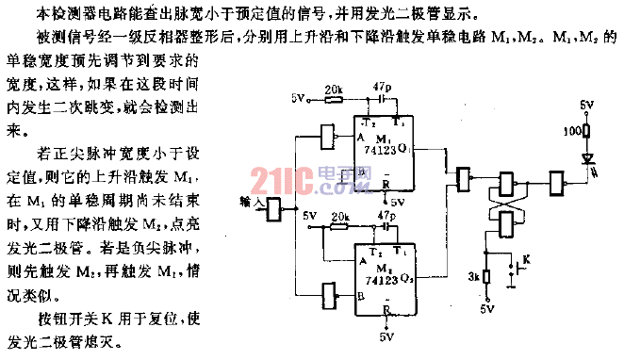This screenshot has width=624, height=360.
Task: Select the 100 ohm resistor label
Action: (x=570, y=131)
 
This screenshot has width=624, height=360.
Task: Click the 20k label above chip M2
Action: (x=341, y=217)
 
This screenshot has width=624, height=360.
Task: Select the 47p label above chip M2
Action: (x=385, y=217)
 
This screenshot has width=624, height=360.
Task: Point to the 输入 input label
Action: (x=252, y=201)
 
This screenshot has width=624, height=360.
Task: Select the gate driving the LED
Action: (x=559, y=180)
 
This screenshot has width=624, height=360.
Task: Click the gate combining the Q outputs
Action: (x=463, y=179)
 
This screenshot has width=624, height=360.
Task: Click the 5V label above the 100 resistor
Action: (x=586, y=104)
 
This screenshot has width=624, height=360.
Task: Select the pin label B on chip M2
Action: (x=362, y=296)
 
